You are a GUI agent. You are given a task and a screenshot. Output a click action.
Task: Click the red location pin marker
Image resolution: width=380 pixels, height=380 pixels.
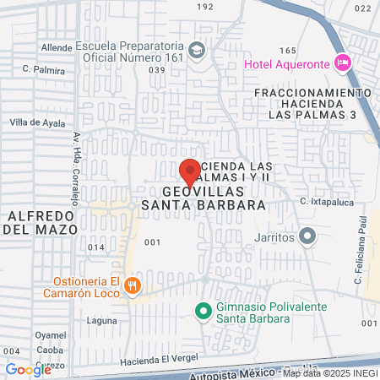(x=190, y=171)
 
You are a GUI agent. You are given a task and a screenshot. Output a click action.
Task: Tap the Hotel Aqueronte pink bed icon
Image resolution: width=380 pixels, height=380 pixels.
(x=342, y=62)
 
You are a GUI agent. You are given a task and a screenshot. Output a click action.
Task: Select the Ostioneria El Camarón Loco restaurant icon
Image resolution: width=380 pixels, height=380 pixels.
(x=133, y=285)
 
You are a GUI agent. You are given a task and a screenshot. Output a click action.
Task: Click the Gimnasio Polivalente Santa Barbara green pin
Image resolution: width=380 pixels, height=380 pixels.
(x=203, y=311)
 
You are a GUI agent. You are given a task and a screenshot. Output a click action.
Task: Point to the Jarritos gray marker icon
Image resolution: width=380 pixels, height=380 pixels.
(x=308, y=236)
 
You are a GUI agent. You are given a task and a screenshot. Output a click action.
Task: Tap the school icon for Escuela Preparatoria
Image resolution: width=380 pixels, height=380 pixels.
(x=197, y=51)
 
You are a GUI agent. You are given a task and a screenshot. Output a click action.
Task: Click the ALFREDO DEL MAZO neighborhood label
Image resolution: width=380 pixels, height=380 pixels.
(x=39, y=221)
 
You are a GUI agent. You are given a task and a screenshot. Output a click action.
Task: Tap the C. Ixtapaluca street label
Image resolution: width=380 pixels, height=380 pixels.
(x=324, y=201)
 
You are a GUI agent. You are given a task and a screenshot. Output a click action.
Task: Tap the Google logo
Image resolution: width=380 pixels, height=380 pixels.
(x=28, y=369)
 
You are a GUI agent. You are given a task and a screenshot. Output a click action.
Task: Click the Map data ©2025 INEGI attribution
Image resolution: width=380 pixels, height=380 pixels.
(x=329, y=372)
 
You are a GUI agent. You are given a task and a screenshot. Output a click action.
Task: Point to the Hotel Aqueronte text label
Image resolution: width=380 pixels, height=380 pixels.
(x=286, y=63)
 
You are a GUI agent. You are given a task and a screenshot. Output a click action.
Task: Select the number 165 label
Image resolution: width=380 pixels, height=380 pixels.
(x=287, y=51)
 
